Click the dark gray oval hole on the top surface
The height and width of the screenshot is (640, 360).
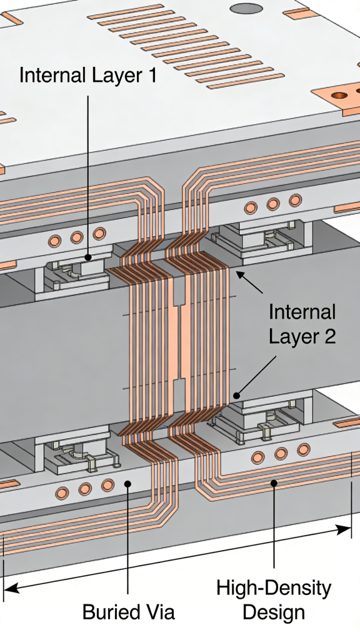click(246, 9)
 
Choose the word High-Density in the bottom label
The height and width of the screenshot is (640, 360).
click(274, 588)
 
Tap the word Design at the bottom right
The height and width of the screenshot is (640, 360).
click(274, 612)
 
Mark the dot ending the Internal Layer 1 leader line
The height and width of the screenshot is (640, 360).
click(88, 257)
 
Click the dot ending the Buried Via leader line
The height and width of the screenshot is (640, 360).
click(128, 482)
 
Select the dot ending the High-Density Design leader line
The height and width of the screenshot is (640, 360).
click(274, 482)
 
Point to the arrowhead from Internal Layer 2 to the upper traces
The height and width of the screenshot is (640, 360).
click(238, 272)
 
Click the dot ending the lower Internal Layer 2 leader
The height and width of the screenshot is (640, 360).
click(236, 395)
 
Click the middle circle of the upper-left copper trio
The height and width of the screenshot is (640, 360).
click(77, 237)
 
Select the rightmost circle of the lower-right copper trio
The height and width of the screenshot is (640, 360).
click(303, 449)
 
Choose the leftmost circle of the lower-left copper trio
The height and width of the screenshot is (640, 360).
click(62, 493)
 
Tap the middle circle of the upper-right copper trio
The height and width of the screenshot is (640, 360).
click(272, 204)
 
